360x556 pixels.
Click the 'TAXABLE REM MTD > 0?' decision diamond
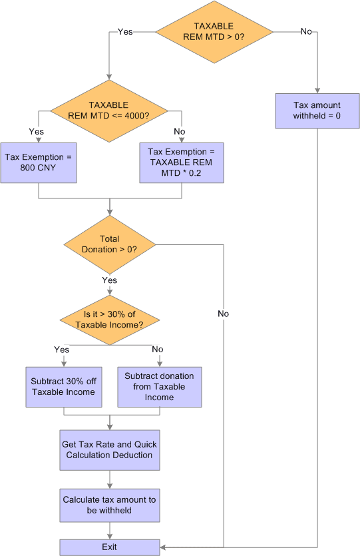(x=214, y=31)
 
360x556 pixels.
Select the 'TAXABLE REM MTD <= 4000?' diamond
(x=108, y=110)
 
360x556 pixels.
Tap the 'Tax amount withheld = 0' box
(x=317, y=111)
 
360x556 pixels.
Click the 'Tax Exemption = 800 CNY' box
(x=39, y=162)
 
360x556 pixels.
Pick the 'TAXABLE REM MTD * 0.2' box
(x=181, y=162)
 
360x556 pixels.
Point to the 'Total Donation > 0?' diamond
(x=109, y=244)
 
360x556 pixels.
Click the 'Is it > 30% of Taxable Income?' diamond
(x=109, y=320)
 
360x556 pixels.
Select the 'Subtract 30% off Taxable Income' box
(x=63, y=387)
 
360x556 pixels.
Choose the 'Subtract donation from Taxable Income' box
(x=159, y=387)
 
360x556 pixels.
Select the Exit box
(x=110, y=547)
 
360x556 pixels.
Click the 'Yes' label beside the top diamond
(x=124, y=31)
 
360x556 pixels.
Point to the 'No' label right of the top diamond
(x=306, y=31)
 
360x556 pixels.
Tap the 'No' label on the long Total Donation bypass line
(x=224, y=313)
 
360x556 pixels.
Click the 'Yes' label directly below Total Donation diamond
(x=109, y=280)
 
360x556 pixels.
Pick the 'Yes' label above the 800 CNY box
(x=37, y=131)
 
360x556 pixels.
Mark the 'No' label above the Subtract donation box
(x=158, y=349)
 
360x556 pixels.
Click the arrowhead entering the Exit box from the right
(x=164, y=547)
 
